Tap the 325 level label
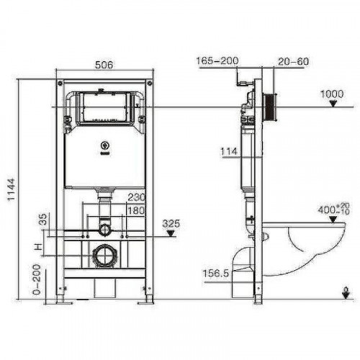pos(171,222)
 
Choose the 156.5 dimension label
pos(217,274)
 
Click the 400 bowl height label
pos(332,211)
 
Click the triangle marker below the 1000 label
pos(332,104)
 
